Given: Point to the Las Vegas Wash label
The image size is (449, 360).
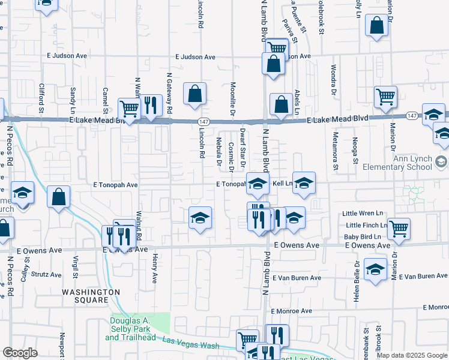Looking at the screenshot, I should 191,344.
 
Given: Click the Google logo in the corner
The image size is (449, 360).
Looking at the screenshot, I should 20,352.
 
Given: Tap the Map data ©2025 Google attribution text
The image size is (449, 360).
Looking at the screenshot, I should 411,355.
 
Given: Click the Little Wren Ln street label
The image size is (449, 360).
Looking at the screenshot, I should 362,213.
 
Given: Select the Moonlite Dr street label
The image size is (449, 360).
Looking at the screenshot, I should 231,92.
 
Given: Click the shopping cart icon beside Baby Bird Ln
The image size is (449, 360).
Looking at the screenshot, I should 399,227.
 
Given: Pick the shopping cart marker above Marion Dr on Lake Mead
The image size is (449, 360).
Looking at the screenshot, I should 385,96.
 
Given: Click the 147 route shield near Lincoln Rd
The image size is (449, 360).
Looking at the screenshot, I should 204,121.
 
